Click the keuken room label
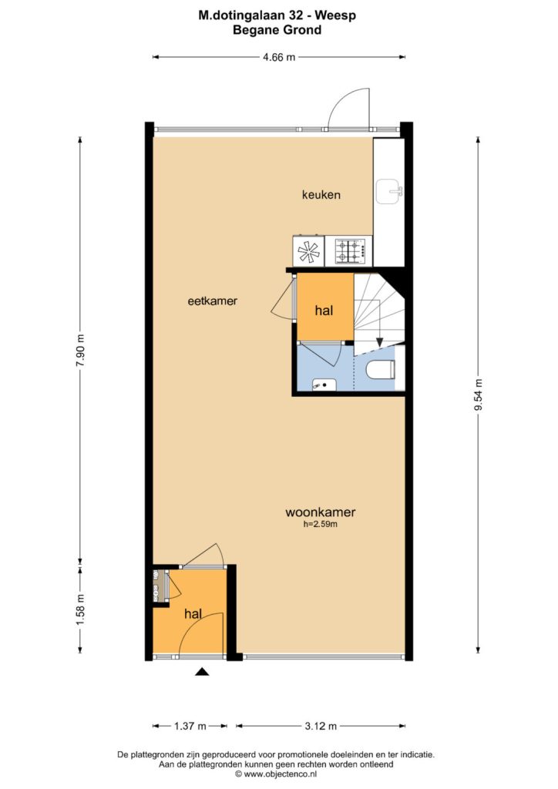[321, 194]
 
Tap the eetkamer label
[212, 301]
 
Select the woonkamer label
[321, 512]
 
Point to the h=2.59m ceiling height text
[321, 524]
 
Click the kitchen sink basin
[389, 192]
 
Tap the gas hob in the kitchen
[348, 251]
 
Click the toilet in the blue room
[382, 371]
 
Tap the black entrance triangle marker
[202, 671]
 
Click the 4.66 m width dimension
[279, 57]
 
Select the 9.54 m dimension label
[478, 394]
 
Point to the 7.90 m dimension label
[80, 351]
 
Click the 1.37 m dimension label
[190, 726]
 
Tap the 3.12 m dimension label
[321, 726]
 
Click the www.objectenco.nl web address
[281, 774]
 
